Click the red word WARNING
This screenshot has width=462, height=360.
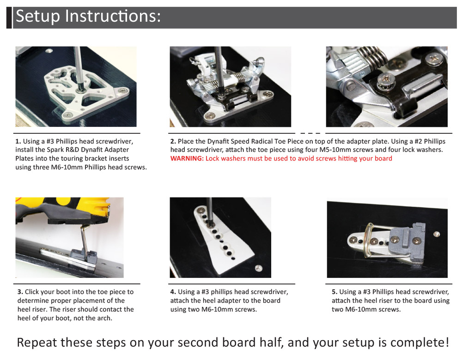[x=187, y=158]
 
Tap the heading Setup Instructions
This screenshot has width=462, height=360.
[x=88, y=16]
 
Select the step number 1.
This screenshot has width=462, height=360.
[x=18, y=141]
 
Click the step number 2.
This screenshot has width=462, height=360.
[x=173, y=141]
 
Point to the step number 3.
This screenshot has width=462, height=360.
[x=20, y=292]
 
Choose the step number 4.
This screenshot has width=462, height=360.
[x=173, y=292]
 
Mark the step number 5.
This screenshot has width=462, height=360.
[x=334, y=292]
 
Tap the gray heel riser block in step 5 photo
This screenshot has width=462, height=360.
[x=407, y=240]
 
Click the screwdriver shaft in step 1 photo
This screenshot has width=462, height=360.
[x=78, y=66]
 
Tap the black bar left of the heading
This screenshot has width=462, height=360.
[x=9, y=18]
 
